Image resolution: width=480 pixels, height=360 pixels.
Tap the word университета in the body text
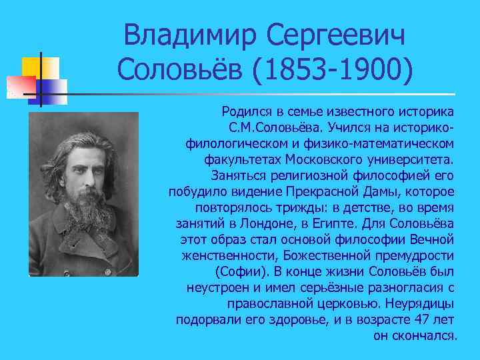[x=410, y=160]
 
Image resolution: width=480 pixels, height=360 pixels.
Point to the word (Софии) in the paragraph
[x=238, y=271]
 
